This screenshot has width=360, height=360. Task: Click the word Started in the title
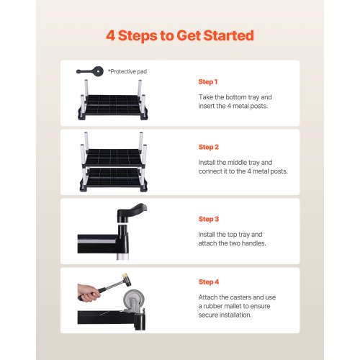[x=228, y=35]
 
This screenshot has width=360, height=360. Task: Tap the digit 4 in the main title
[x=110, y=35]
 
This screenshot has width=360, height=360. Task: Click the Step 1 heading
[x=208, y=82]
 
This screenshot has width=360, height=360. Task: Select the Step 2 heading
[x=209, y=147]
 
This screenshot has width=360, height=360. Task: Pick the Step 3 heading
[x=209, y=219]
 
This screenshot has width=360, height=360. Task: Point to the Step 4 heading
[x=209, y=282]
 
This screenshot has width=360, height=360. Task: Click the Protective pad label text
[x=127, y=71]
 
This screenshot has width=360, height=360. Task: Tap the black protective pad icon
[x=90, y=71]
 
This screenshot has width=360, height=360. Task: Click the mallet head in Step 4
[x=127, y=279]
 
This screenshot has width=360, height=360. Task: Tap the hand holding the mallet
[x=88, y=293]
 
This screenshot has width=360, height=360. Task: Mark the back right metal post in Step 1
[x=140, y=88]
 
